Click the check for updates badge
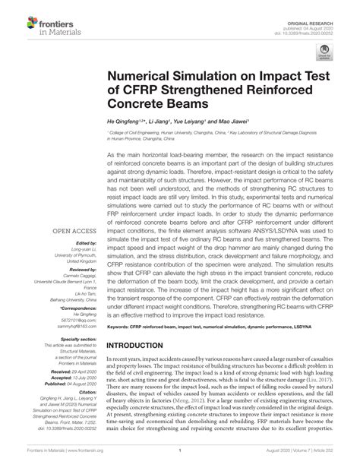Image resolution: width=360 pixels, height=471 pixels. (325, 54)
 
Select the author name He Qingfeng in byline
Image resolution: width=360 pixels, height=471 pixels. (126, 121)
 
